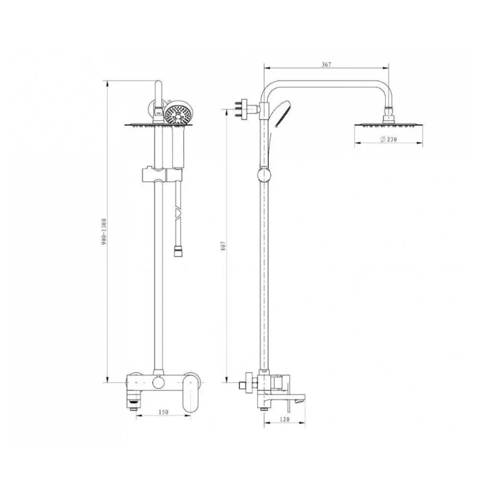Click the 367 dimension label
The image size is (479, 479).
click(x=326, y=65)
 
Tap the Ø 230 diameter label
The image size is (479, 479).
click(x=388, y=139)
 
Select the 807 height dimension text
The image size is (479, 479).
click(x=223, y=246)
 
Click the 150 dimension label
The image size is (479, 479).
click(x=163, y=412)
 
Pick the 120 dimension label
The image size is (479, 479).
click(x=285, y=420)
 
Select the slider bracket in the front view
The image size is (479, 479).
click(x=162, y=175)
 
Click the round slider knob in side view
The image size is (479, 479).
click(x=263, y=175)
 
